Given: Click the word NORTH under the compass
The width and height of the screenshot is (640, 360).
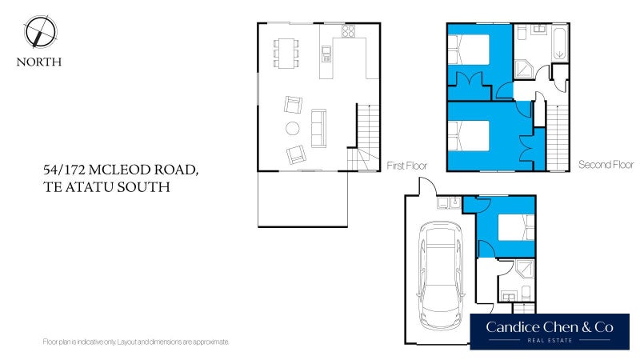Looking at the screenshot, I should (x=39, y=62).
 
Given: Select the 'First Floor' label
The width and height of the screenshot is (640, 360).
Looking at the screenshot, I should (x=406, y=166).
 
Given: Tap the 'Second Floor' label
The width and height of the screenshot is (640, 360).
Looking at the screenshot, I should (x=606, y=166).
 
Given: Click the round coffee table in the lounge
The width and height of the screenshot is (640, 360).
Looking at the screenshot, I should (x=293, y=128).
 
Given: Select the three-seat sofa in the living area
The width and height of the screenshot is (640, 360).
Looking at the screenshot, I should (x=318, y=128).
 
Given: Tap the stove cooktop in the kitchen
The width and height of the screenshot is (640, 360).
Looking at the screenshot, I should (x=348, y=32).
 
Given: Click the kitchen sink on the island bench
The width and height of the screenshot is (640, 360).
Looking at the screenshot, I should (x=326, y=54).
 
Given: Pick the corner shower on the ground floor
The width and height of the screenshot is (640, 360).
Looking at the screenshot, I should (x=525, y=272).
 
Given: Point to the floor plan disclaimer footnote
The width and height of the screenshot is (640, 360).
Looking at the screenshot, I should (x=136, y=342).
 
